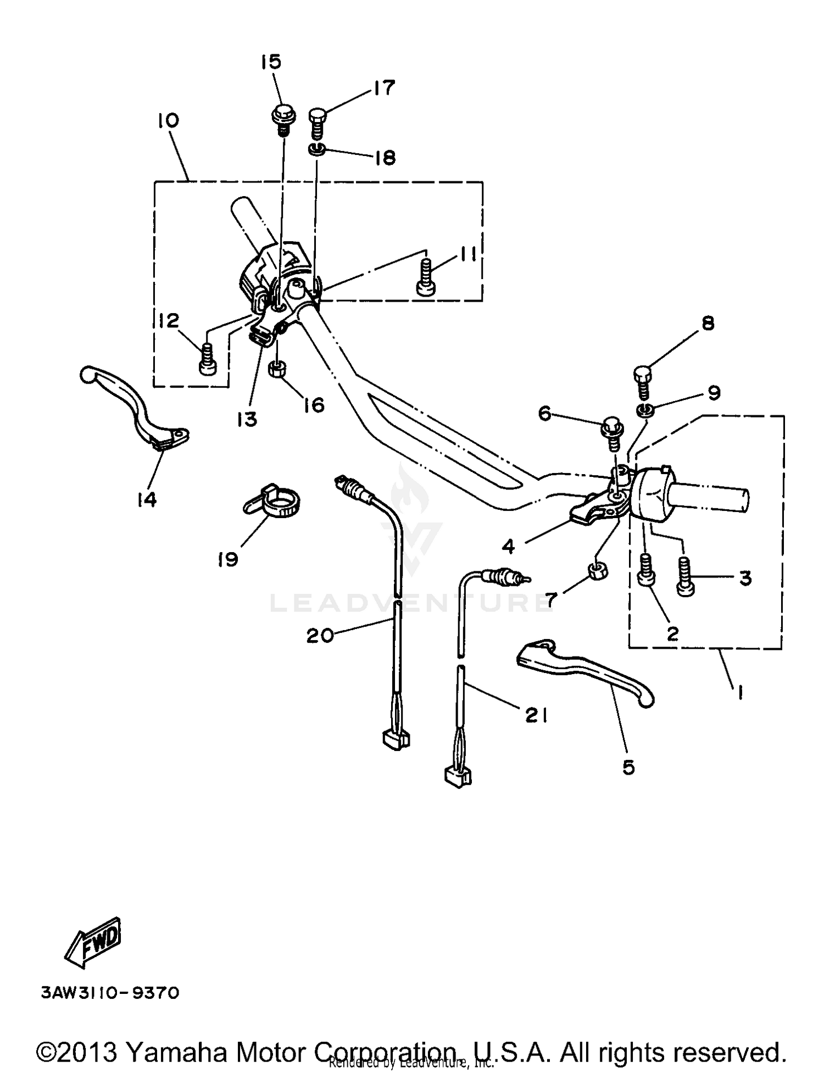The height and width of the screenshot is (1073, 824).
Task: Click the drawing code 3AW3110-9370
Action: (x=110, y=993)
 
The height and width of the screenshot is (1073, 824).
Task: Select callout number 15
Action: (x=271, y=62)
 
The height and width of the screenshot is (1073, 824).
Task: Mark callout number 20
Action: (x=320, y=636)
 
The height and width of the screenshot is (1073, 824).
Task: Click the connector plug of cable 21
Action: (x=457, y=775)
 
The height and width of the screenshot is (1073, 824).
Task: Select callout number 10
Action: (x=168, y=121)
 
